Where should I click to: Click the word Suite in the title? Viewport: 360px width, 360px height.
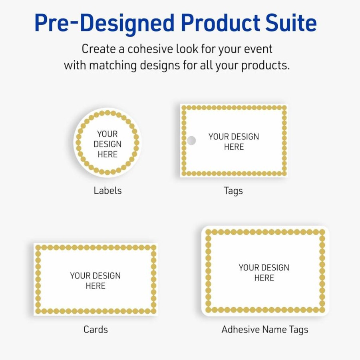click(291, 23)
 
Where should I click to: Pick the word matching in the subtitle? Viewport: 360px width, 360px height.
click(113, 66)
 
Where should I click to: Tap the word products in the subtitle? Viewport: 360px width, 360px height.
click(265, 66)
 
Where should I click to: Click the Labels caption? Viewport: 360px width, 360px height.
click(107, 191)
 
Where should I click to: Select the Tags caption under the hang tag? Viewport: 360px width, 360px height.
click(233, 191)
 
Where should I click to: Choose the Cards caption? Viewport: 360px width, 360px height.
click(96, 330)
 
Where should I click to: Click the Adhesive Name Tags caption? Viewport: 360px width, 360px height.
click(265, 330)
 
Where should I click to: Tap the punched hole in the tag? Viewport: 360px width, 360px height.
click(191, 141)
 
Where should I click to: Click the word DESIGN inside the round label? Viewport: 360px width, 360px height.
click(107, 144)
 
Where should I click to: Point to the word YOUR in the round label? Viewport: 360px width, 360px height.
click(107, 134)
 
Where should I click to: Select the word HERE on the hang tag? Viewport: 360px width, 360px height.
click(234, 147)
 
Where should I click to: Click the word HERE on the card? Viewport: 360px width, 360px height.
click(95, 286)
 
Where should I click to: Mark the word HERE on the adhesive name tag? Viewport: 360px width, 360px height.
click(264, 278)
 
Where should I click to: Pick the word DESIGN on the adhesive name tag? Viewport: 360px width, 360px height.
click(276, 268)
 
